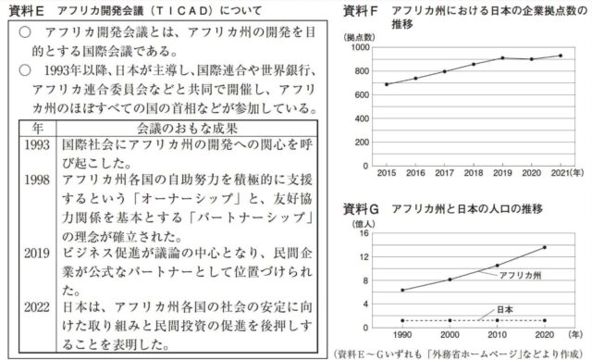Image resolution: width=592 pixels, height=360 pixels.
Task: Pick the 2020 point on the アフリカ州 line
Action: click(543, 247)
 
